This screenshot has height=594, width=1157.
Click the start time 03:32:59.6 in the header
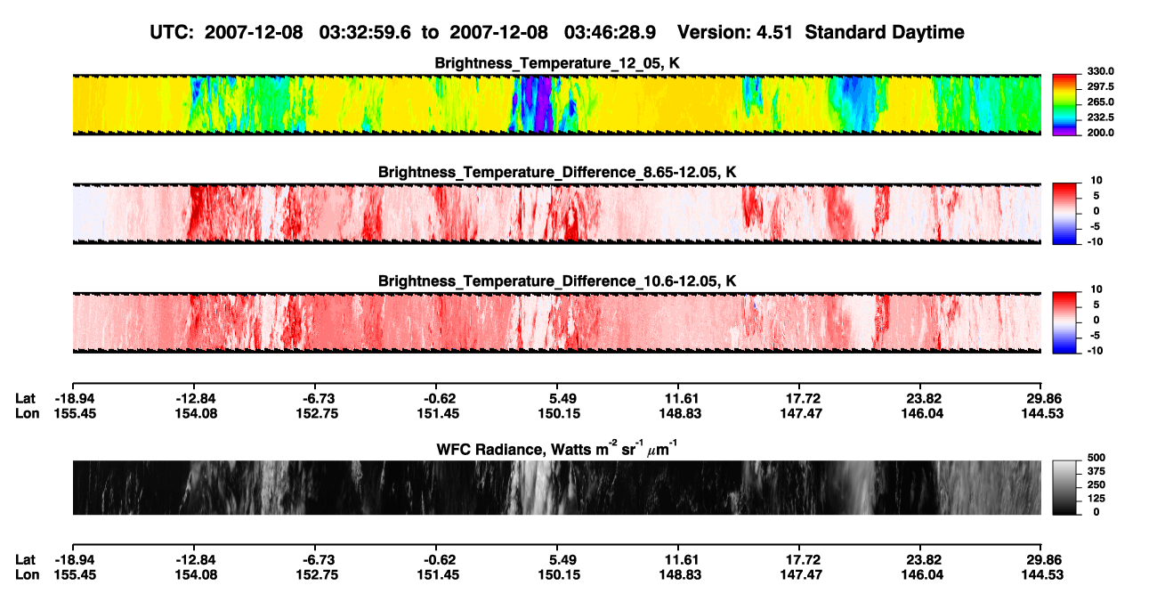pyautogui.click(x=365, y=32)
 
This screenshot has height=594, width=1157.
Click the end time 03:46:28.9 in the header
pyautogui.click(x=610, y=32)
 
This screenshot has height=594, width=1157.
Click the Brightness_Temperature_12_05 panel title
pyautogui.click(x=556, y=63)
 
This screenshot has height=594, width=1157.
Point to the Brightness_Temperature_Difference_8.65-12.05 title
pyautogui.click(x=557, y=172)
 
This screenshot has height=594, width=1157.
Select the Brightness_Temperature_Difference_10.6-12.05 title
pyautogui.click(x=557, y=281)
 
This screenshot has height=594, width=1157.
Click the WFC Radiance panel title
pyautogui.click(x=557, y=448)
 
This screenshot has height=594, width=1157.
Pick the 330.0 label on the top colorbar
pyautogui.click(x=1100, y=71)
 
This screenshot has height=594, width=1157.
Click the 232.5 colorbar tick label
pyautogui.click(x=1100, y=118)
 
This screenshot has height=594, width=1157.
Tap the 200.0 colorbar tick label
pyautogui.click(x=1100, y=133)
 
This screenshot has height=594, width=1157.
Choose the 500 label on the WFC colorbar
pyautogui.click(x=1096, y=458)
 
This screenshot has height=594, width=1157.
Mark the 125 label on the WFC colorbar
pyautogui.click(x=1096, y=499)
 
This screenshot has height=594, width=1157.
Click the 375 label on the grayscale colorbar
pyautogui.click(x=1096, y=471)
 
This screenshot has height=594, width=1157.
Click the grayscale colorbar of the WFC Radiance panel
pyautogui.click(x=1064, y=487)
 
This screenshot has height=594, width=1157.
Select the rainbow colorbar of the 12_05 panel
pyautogui.click(x=1064, y=105)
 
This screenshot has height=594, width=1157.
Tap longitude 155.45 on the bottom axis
pyautogui.click(x=75, y=575)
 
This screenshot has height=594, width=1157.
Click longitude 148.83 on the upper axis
pyautogui.click(x=680, y=413)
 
